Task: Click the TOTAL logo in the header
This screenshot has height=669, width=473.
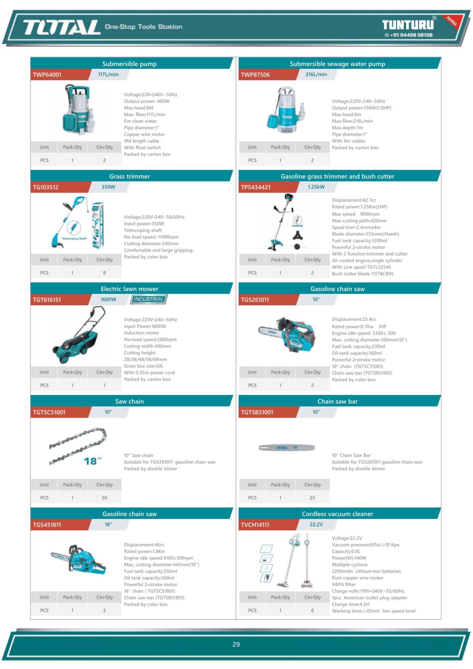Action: [x=62, y=27]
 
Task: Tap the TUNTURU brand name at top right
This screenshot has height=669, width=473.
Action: [x=408, y=25]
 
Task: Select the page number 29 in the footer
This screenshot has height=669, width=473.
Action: [x=236, y=644]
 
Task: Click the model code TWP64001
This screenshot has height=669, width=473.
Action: [x=47, y=75]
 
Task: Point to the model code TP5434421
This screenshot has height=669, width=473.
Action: [x=255, y=187]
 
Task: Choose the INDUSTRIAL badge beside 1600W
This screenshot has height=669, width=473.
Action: [x=149, y=299]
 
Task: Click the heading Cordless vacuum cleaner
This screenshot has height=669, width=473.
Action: [x=337, y=514]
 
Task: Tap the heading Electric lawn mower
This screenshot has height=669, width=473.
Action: [x=130, y=289]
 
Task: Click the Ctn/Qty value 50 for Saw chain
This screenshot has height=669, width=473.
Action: [x=104, y=498]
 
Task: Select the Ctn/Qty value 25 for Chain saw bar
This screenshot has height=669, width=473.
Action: [x=312, y=498]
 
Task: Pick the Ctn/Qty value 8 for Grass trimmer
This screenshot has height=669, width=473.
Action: [x=104, y=273]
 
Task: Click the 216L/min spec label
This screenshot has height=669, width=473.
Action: [x=316, y=74]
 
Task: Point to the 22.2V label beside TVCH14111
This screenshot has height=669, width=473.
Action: [x=316, y=524]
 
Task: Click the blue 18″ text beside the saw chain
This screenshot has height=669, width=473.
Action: [x=93, y=461]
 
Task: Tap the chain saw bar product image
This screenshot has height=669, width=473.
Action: [x=287, y=447]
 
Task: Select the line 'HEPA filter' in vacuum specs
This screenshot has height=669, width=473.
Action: [x=343, y=584]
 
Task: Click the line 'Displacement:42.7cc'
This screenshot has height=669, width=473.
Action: [x=354, y=200]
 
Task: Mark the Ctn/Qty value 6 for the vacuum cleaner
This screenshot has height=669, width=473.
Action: [x=312, y=610]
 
